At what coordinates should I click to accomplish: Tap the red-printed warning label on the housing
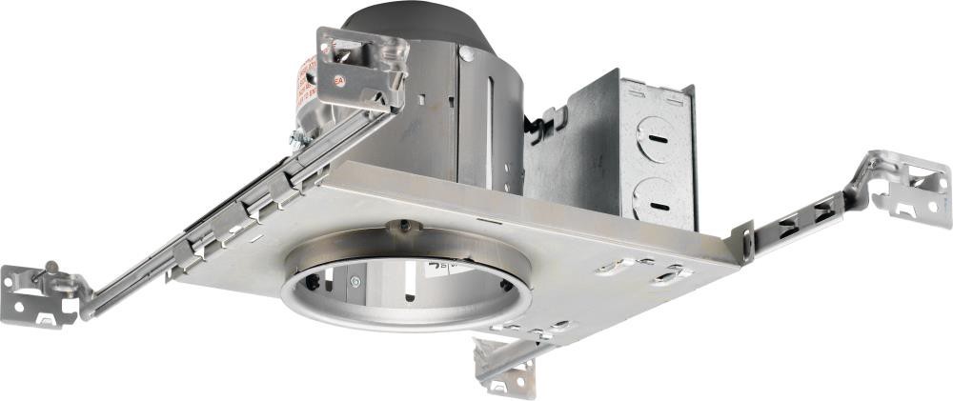coord(309,82)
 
